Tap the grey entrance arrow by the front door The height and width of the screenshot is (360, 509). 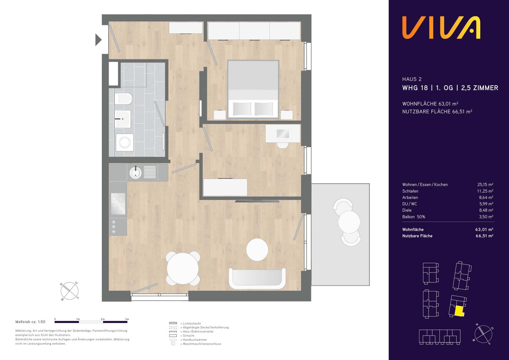pos(98,40)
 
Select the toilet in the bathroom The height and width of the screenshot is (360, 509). pos(123,99)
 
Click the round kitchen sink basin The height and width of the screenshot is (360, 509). pos(135,172)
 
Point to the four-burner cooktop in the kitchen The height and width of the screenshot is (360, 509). pos(118,204)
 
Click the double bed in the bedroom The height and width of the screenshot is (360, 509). pos(253,89)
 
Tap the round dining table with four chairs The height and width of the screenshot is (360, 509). pos(183,268)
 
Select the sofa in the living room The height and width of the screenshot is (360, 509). pos(257,279)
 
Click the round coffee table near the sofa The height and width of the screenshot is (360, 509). pos(257,250)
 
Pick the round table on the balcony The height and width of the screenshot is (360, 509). pos(349,222)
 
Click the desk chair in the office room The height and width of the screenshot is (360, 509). pos(282,145)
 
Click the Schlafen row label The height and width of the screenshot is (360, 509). pos(410,191)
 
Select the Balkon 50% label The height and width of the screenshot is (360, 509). pos(414,217)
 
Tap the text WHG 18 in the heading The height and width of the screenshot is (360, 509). pos(415,88)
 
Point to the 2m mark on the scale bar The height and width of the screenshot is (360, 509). pos(103,319)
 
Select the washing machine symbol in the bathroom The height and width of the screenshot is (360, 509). pos(125,142)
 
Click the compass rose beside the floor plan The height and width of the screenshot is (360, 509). pos(70,291)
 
